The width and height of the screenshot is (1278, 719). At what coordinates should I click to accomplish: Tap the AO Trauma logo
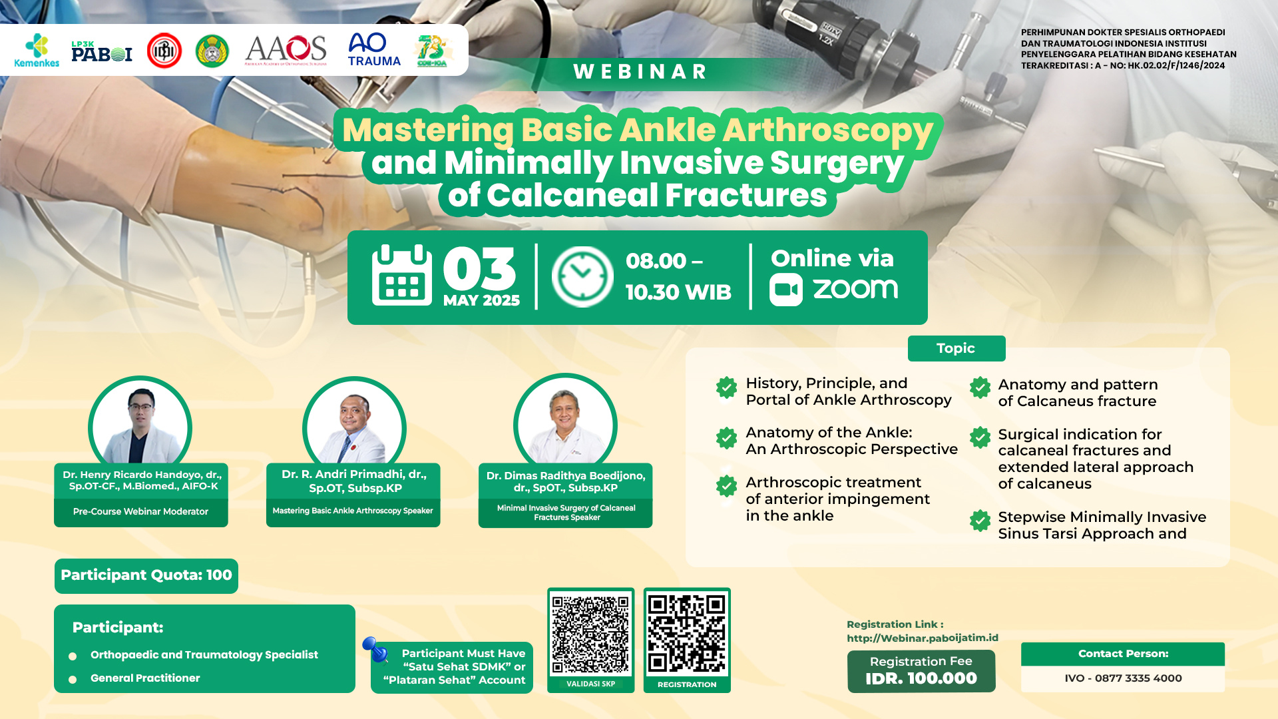point(373,50)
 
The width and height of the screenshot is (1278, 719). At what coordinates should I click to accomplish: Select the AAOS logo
point(286,50)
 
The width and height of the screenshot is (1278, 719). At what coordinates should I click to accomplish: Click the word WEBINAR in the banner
point(640,72)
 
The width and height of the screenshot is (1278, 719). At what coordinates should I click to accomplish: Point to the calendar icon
point(401,276)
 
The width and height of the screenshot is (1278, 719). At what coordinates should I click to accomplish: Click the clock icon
point(582,277)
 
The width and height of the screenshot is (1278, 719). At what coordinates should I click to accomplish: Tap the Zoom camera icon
point(786,290)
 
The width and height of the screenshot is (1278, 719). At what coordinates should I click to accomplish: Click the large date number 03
point(479,269)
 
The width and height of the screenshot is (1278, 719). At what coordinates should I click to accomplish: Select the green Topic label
point(956,348)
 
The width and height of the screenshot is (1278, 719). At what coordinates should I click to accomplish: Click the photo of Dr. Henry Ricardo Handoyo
point(140,423)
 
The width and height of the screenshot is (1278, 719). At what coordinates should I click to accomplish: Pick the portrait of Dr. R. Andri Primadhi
point(354,425)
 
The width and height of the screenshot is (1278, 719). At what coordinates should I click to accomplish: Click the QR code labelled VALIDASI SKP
point(590,635)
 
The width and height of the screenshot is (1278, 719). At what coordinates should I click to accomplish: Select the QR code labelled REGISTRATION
point(687,634)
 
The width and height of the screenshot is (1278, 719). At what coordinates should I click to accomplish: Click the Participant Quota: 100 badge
point(146,575)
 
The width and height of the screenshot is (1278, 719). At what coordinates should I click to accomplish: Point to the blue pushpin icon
point(376,649)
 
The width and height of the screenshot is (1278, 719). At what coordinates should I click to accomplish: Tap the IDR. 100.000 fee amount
point(921,678)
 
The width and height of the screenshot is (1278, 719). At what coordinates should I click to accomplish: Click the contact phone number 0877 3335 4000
point(1138,678)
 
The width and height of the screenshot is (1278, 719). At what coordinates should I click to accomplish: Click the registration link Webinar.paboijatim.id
point(923,638)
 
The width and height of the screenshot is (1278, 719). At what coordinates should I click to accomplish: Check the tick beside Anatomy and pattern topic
point(980,387)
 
